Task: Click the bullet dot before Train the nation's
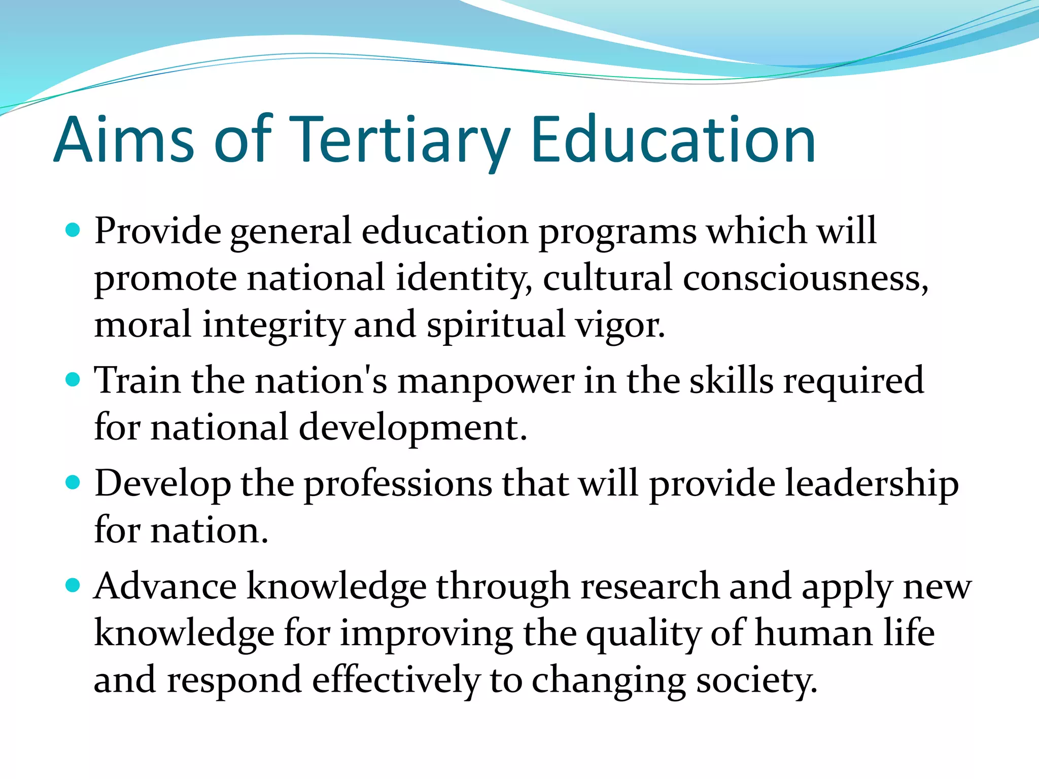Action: click(73, 380)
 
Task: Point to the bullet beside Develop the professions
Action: click(73, 482)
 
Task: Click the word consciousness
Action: click(805, 278)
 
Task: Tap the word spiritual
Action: click(496, 325)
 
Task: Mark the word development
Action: click(412, 428)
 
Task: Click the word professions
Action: click(398, 483)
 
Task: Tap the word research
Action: click(650, 586)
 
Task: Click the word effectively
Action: click(396, 680)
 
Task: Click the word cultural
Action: click(607, 278)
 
